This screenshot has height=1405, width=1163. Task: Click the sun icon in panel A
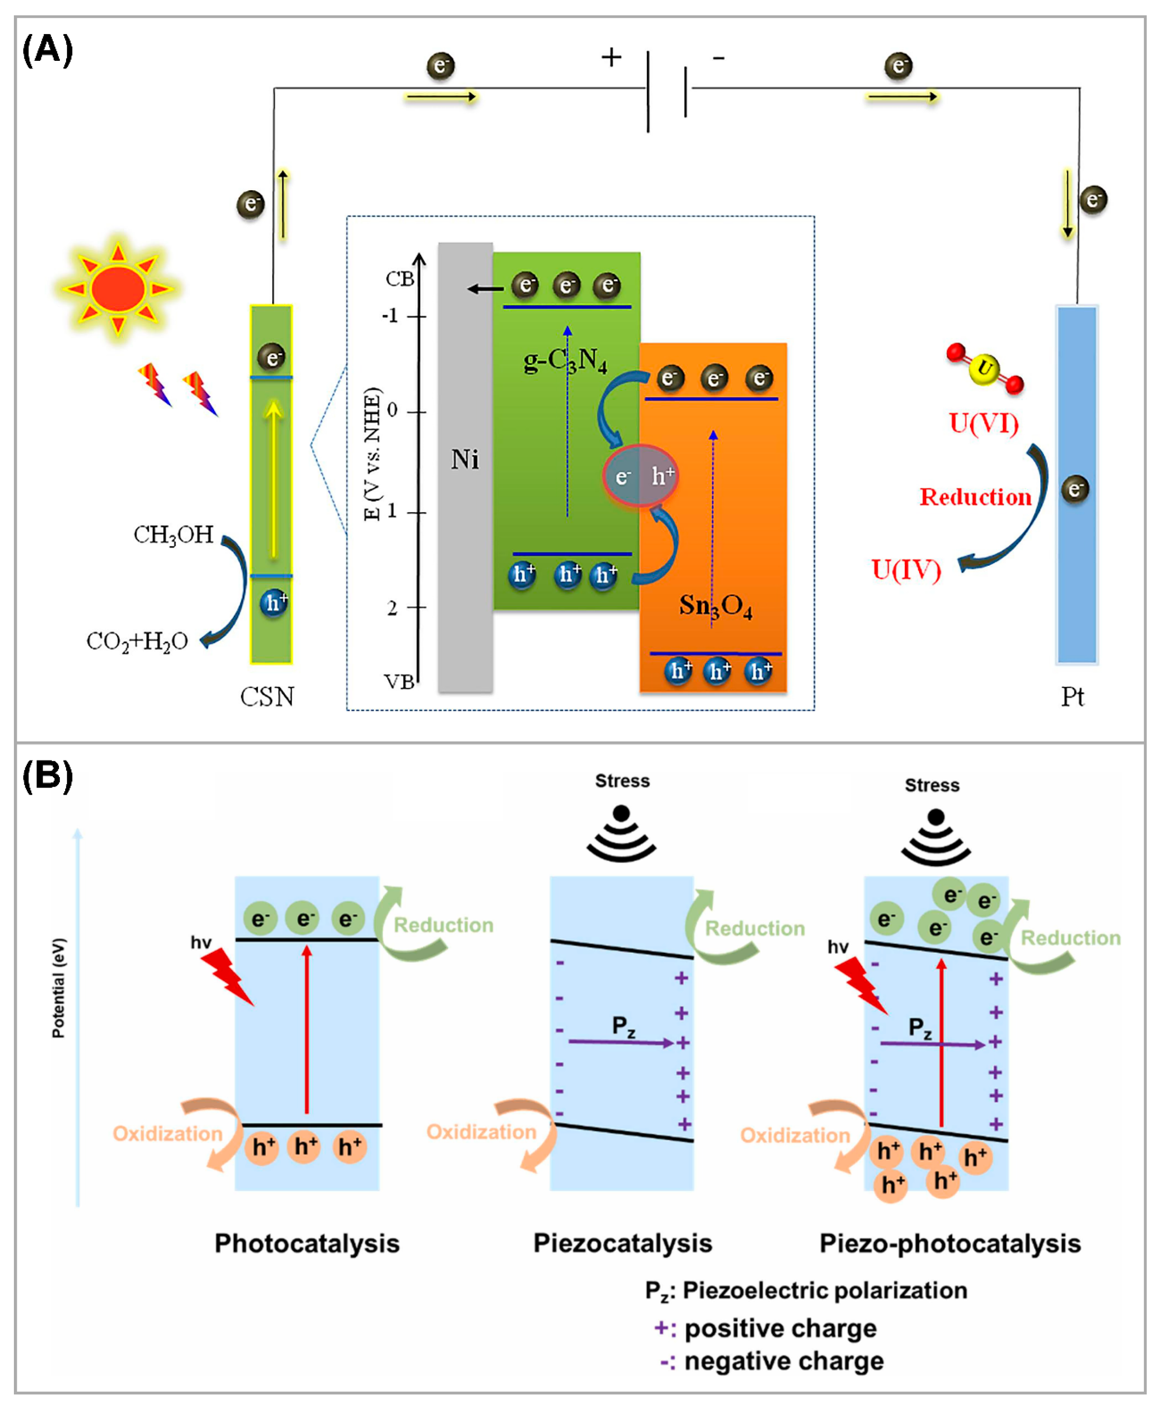click(118, 289)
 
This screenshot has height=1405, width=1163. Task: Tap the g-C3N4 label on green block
click(565, 362)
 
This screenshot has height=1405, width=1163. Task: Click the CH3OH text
click(173, 535)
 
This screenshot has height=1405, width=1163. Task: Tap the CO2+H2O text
click(137, 641)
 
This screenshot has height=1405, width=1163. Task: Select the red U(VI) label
click(983, 423)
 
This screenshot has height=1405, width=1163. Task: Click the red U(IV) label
click(906, 570)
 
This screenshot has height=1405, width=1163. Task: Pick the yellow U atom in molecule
click(984, 369)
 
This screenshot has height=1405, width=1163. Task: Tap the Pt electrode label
click(1072, 697)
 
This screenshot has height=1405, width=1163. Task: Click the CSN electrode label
click(267, 697)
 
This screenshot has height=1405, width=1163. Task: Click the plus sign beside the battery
click(611, 57)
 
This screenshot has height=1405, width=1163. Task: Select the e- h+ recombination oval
click(640, 476)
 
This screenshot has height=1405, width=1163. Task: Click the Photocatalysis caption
click(307, 1243)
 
